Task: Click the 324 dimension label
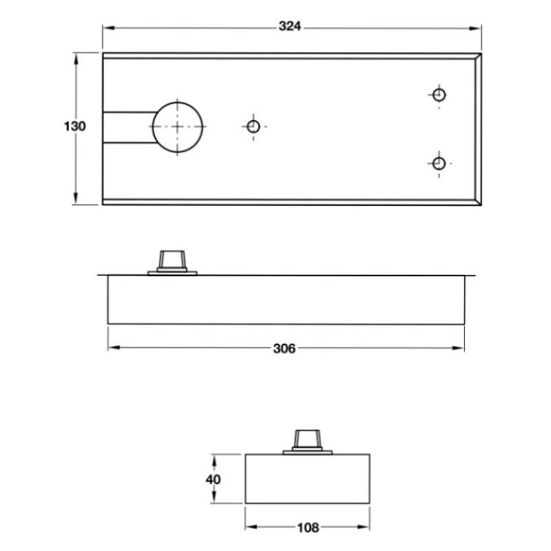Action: point(290,27)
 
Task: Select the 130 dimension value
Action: point(74,127)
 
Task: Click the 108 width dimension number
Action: point(307,528)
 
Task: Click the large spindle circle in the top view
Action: point(178,127)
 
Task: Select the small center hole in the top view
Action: point(253,126)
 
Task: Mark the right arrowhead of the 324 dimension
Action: point(477,27)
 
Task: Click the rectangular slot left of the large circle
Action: point(127,127)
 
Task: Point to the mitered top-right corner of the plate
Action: point(477,56)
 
